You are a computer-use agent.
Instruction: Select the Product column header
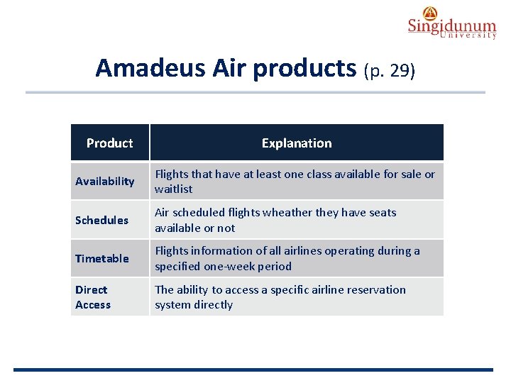[x=109, y=143]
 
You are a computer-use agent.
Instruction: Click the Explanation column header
[x=296, y=143]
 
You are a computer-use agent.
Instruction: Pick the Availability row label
[x=104, y=182]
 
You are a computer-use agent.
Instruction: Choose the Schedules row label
[x=101, y=220]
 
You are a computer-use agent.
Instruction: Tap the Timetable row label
[x=101, y=258]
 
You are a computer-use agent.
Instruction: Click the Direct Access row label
[x=92, y=297]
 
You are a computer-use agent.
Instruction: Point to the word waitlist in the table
[x=173, y=189]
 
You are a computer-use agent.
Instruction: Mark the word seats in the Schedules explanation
[x=382, y=213]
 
